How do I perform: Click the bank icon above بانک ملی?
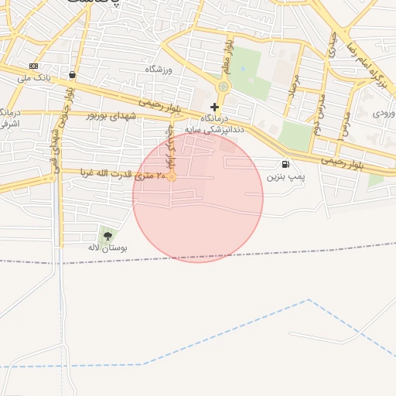[x=33, y=67]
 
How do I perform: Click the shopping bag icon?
[x=72, y=75]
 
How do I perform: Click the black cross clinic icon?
[x=214, y=106]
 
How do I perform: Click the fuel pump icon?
[x=286, y=164]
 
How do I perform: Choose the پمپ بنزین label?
[x=286, y=177]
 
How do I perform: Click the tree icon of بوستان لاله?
[x=107, y=235]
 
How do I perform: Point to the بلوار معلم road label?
[x=228, y=55]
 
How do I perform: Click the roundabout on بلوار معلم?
[x=224, y=87]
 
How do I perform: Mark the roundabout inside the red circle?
[x=172, y=177]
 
